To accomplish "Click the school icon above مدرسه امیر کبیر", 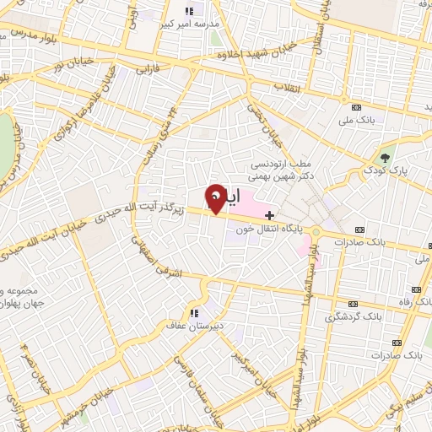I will tap(189, 11).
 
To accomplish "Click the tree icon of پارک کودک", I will tap(386, 157).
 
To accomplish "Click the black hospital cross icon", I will tap(269, 216).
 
